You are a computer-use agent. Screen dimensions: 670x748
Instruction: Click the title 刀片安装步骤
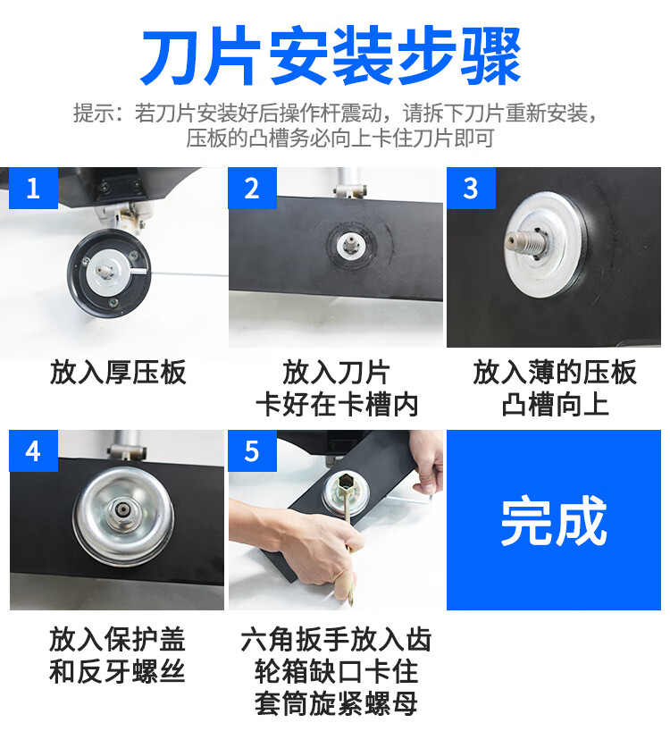331,56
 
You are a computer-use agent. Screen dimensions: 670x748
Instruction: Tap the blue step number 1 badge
33,188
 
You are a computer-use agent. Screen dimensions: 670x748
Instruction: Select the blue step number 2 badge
252,188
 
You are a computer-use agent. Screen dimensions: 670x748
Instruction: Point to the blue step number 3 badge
471,188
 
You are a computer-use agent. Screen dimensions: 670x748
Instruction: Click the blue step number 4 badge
33,450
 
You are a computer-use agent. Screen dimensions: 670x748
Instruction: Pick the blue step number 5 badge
252,450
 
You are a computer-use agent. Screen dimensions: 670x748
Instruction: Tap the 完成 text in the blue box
554,520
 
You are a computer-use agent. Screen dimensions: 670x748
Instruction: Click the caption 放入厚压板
118,373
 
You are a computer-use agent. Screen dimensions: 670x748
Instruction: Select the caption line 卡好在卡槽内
337,405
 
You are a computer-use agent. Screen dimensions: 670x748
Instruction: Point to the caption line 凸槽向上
555,405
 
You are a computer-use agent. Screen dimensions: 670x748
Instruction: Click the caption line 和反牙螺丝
117,672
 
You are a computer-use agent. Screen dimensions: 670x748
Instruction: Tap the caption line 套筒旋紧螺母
336,703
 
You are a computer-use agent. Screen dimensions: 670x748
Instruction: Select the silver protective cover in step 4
123,516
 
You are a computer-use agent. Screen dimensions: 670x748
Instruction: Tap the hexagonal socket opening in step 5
347,483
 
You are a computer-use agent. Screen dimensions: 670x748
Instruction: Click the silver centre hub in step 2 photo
351,244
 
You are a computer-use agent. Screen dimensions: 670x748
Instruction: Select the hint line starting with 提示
335,113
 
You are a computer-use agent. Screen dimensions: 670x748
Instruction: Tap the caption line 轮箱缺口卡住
336,672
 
